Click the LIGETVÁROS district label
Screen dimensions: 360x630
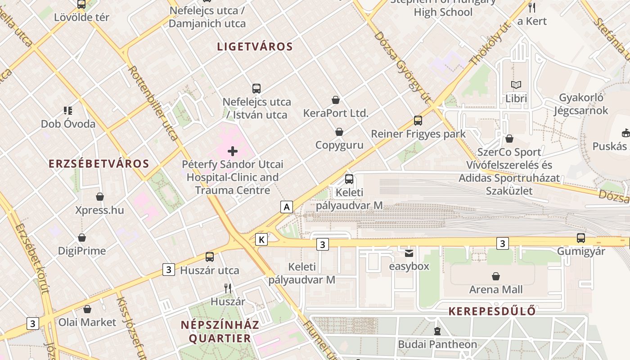pos(255,46)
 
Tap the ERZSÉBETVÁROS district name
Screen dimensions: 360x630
pos(99,163)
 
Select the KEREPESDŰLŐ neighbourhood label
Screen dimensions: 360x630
pos(492,311)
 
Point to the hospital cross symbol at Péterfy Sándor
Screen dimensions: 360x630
pos(233,151)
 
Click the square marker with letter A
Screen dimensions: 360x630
pos(287,207)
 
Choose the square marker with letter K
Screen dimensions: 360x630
pos(261,239)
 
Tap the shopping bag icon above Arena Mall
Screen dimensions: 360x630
pos(496,276)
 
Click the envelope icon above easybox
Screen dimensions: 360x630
pos(409,253)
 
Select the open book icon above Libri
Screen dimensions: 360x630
pos(516,85)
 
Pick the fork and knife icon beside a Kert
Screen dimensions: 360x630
pos(532,7)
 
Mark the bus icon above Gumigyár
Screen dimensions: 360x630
pos(581,238)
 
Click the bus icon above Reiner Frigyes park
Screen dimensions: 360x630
pos(418,121)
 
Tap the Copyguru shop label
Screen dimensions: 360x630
pos(339,145)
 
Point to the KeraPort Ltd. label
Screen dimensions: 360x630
pos(336,113)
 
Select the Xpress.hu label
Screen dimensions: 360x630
pos(99,210)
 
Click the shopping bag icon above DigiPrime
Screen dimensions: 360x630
pos(82,238)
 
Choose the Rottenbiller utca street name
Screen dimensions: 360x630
pos(153,103)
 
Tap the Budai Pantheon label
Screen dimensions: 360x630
pos(437,344)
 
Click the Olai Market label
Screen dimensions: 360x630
pos(87,322)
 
